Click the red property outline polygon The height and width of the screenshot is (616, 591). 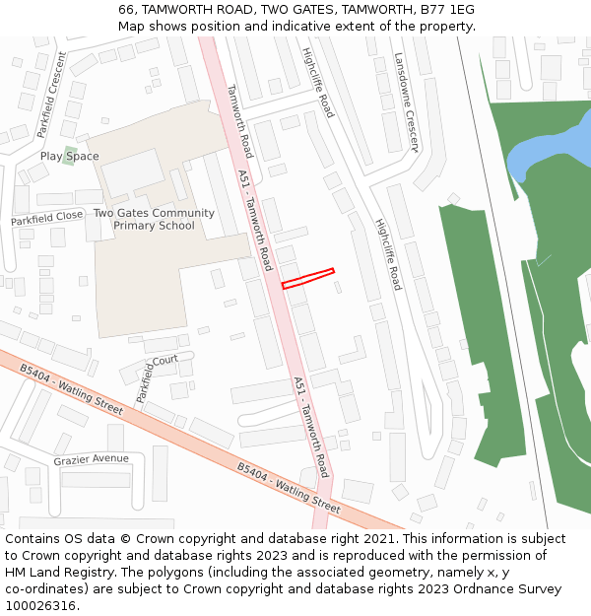pyautogui.click(x=308, y=279)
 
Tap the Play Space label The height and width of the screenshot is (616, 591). pyautogui.click(x=69, y=157)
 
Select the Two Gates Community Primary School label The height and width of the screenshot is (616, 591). pyautogui.click(x=154, y=220)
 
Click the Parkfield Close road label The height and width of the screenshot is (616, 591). pyautogui.click(x=47, y=218)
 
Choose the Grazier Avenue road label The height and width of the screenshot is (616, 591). pyautogui.click(x=91, y=459)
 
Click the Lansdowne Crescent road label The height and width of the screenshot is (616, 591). pyautogui.click(x=406, y=103)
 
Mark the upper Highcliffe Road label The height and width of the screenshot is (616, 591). pyautogui.click(x=318, y=82)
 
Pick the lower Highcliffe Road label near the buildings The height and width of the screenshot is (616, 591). pyautogui.click(x=388, y=253)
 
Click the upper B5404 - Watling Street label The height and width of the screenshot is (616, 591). pyautogui.click(x=71, y=389)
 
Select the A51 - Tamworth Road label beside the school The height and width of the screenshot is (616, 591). pyautogui.click(x=255, y=220)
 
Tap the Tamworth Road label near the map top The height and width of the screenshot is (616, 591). pyautogui.click(x=240, y=120)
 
